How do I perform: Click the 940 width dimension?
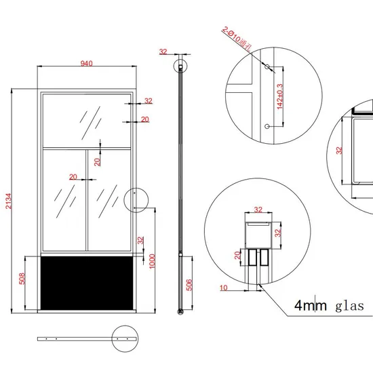coord(86,64)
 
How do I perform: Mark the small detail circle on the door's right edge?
coord(138,200)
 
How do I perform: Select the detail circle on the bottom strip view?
coord(124,337)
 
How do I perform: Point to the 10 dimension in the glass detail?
coord(223,287)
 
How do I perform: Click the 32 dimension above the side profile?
coord(163,51)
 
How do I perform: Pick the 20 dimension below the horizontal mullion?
coord(98,161)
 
